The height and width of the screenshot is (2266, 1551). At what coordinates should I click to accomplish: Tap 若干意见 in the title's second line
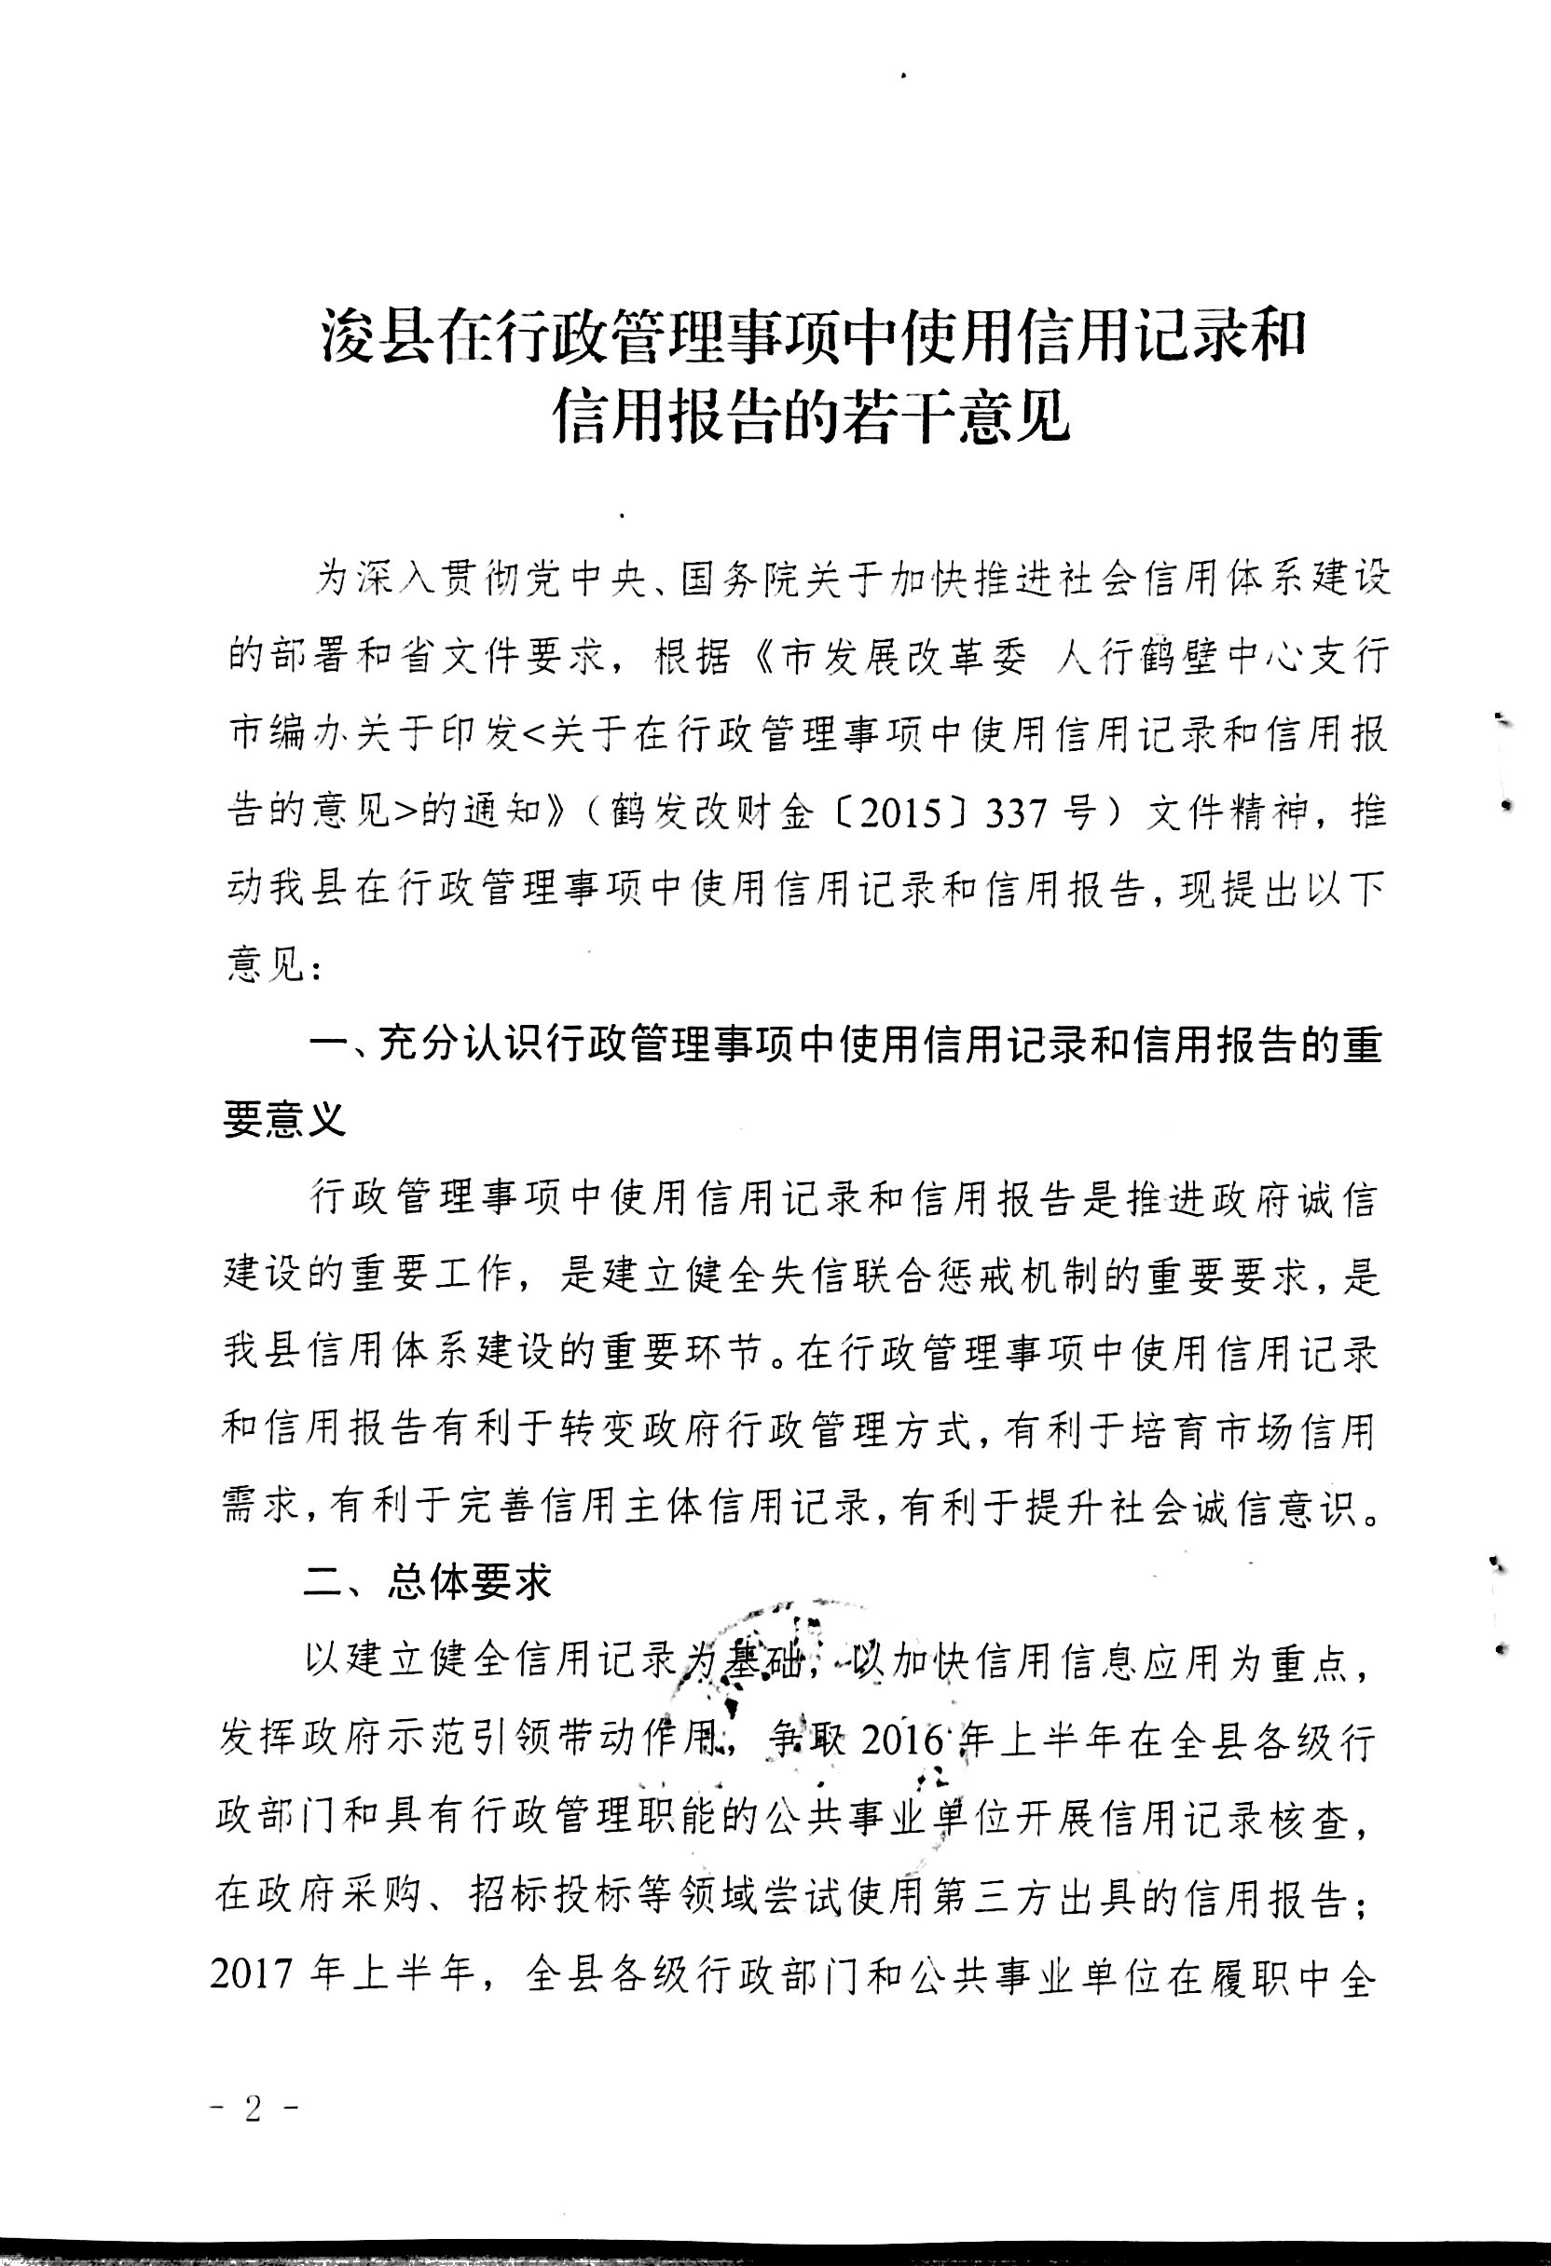(x=961, y=419)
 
